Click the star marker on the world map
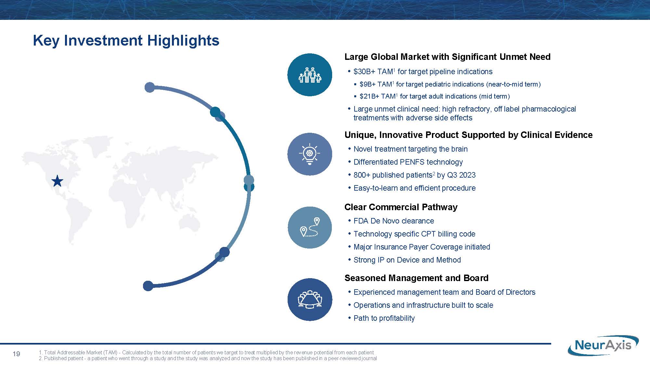click(x=58, y=181)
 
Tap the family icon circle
click(x=310, y=75)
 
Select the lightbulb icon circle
click(x=310, y=154)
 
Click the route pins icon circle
click(x=310, y=227)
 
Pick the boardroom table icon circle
click(x=310, y=299)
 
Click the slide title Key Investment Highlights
click(x=126, y=40)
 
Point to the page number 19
click(x=16, y=354)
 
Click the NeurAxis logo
click(x=603, y=345)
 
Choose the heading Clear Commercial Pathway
click(x=401, y=207)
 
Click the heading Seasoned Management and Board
click(x=416, y=278)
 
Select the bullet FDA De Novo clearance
click(x=394, y=221)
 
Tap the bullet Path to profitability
click(x=384, y=318)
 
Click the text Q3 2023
click(x=461, y=175)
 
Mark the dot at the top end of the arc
click(x=149, y=87)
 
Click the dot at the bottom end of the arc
click(x=148, y=286)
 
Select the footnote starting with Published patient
click(x=208, y=359)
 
